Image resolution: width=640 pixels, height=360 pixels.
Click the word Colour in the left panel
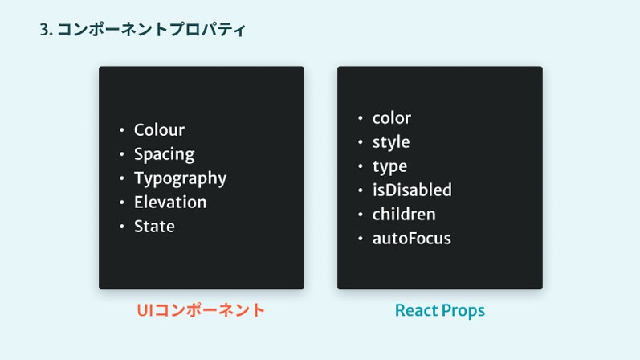(159, 130)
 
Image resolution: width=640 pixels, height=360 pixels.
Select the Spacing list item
(164, 155)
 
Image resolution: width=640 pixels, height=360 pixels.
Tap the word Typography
(180, 179)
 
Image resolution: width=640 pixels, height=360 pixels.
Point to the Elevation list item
(170, 202)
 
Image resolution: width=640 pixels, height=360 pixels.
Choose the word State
(154, 227)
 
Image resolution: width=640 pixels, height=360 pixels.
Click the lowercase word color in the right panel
(391, 118)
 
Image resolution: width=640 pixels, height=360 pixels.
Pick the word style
(391, 142)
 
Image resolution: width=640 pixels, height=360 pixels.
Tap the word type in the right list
(389, 166)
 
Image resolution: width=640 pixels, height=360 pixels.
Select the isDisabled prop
(412, 190)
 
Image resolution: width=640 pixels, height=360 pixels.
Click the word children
(404, 214)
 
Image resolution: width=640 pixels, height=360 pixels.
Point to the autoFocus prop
(412, 238)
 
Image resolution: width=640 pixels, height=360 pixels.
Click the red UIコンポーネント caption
(201, 310)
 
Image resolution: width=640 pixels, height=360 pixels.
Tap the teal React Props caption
(440, 310)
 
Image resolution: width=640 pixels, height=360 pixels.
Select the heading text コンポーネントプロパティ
(151, 30)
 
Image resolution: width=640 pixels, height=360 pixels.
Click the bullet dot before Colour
(121, 130)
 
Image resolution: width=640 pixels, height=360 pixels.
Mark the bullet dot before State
(121, 227)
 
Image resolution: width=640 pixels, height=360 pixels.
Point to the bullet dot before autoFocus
(361, 238)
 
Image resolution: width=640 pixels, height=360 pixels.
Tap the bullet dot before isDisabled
(361, 190)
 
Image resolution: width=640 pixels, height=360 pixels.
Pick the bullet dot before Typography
(121, 178)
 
